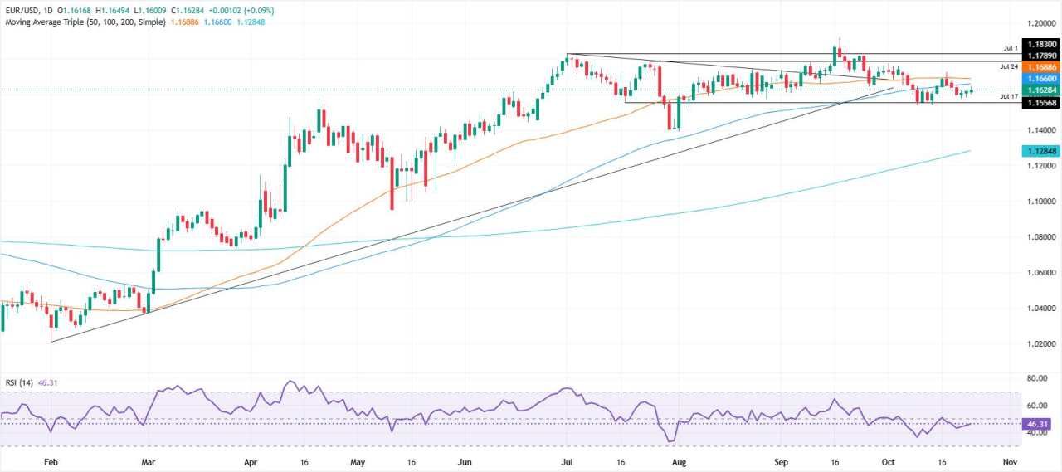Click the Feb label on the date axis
pyautogui.click(x=51, y=460)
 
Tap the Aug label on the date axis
pyautogui.click(x=678, y=460)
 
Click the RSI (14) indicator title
pyautogui.click(x=18, y=384)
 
